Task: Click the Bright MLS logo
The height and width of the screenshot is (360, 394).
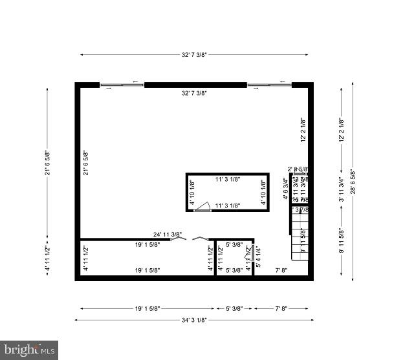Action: tap(29, 349)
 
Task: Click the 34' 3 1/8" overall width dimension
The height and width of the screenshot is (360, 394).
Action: tap(194, 319)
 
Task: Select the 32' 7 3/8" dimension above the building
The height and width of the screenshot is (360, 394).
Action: tap(194, 55)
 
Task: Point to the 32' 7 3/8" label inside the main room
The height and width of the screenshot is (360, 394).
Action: tap(194, 93)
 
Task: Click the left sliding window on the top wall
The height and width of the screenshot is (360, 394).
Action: tap(122, 83)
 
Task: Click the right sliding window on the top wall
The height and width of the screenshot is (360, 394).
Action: tap(268, 83)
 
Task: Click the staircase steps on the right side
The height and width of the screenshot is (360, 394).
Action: tap(300, 236)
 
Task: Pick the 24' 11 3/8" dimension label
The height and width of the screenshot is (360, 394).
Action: tap(168, 234)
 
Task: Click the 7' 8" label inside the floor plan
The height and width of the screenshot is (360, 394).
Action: tap(282, 270)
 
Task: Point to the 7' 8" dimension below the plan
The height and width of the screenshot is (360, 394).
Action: tap(281, 309)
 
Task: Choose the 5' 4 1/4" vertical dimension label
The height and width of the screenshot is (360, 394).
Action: tap(259, 257)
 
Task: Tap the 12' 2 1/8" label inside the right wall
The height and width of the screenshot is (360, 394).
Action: tap(303, 129)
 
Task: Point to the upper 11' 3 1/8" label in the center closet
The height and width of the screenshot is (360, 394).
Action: tap(228, 180)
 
